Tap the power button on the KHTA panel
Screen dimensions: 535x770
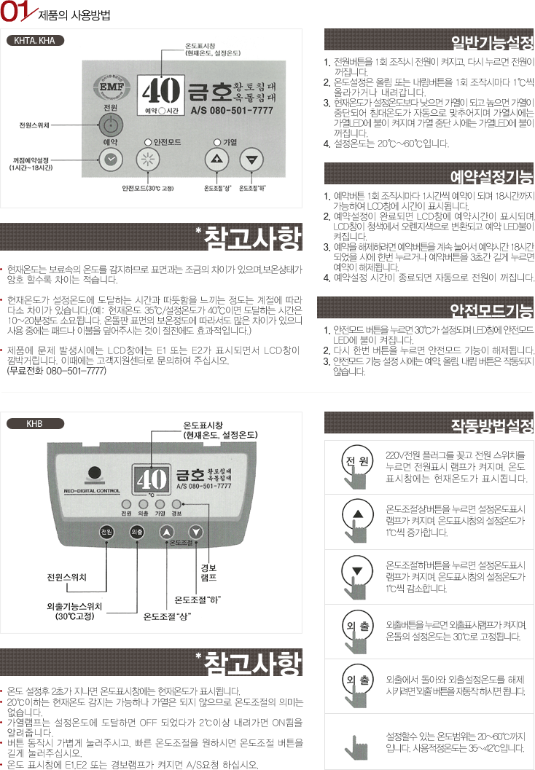tap(111, 125)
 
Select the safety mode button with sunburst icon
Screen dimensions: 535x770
tap(147, 160)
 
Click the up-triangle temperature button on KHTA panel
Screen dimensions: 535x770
tap(216, 160)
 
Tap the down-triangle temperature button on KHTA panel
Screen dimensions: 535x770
tap(251, 160)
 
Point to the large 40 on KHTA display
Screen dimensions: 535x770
tap(160, 91)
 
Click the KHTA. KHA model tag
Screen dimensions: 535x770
tap(35, 41)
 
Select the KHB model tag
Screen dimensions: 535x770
tap(35, 423)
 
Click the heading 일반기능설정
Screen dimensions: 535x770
tap(492, 43)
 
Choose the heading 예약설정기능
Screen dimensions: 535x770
tap(492, 176)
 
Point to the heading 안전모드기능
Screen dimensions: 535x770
tap(492, 310)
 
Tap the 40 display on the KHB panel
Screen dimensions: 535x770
tap(152, 479)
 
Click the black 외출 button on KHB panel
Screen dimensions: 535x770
tap(136, 532)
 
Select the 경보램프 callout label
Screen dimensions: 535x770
tap(208, 573)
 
